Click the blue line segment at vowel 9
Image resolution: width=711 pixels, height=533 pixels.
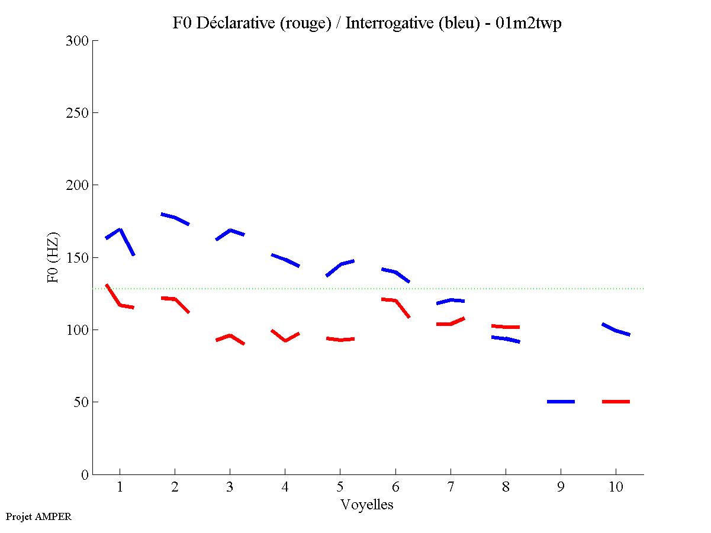pyautogui.click(x=561, y=402)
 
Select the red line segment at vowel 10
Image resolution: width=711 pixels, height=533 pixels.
pyautogui.click(x=616, y=402)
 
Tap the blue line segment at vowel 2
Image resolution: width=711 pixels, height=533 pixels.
pyautogui.click(x=175, y=218)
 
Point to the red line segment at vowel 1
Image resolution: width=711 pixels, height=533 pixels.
pyautogui.click(x=120, y=305)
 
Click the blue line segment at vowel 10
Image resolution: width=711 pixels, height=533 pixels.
pyautogui.click(x=616, y=330)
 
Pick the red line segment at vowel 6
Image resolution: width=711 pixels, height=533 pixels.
pyautogui.click(x=395, y=301)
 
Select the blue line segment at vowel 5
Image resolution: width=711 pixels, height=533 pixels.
pyautogui.click(x=340, y=264)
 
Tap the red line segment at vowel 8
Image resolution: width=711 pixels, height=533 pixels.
pyautogui.click(x=506, y=327)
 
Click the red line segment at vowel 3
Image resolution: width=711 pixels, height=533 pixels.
pyautogui.click(x=230, y=335)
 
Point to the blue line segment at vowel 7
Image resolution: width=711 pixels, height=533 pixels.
pyautogui.click(x=451, y=301)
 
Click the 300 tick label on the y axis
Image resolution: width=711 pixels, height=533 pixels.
pyautogui.click(x=77, y=41)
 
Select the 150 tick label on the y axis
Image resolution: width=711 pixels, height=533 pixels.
pyautogui.click(x=77, y=258)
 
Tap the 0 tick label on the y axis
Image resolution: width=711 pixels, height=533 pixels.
pyautogui.click(x=84, y=474)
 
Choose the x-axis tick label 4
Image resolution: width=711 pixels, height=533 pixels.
pyautogui.click(x=285, y=487)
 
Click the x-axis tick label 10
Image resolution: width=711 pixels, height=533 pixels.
pyautogui.click(x=616, y=487)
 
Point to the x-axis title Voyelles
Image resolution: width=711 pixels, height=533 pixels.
pyautogui.click(x=367, y=505)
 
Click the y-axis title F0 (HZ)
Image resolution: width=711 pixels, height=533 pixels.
pyautogui.click(x=53, y=258)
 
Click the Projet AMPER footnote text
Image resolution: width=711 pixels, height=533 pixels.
pyautogui.click(x=38, y=516)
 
